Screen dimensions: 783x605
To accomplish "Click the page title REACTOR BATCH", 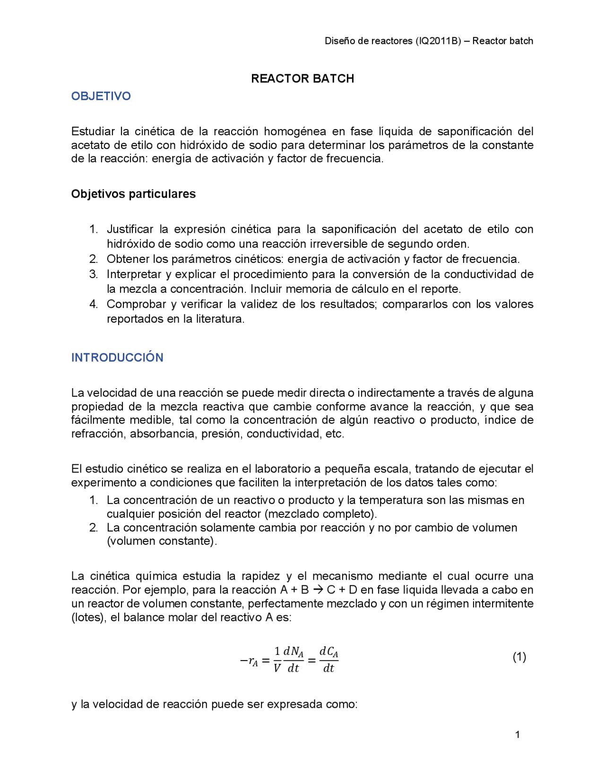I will point(302,78).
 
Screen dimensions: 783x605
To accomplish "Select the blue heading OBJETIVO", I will point(101,96).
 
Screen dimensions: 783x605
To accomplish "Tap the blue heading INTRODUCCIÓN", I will point(117,357).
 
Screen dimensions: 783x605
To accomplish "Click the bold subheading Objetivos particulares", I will point(133,194).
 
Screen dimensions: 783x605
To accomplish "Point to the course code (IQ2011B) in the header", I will point(438,41).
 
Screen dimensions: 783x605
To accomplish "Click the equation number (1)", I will point(519,657).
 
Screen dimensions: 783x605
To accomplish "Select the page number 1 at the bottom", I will point(518,734).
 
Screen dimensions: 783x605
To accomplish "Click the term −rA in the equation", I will point(249,661).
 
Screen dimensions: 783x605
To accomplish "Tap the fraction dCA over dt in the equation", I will point(328,660).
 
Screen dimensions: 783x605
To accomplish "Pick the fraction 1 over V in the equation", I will point(277,660).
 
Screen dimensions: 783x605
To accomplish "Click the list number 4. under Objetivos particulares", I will point(94,304).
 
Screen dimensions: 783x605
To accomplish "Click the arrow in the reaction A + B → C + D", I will point(318,590).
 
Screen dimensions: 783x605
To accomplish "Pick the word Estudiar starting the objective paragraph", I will point(93,131).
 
